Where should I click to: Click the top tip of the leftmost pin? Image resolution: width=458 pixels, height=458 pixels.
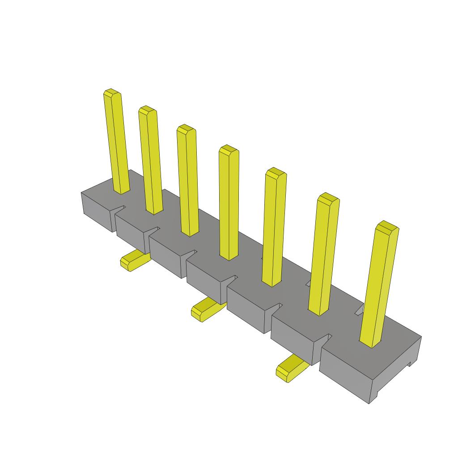click(x=112, y=93)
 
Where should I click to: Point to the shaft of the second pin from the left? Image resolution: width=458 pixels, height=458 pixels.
click(x=151, y=161)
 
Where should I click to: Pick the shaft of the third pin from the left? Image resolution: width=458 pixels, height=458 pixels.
click(x=188, y=181)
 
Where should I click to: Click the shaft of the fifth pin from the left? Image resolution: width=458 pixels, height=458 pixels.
click(x=274, y=228)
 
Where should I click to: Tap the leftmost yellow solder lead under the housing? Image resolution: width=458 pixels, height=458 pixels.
click(x=133, y=261)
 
